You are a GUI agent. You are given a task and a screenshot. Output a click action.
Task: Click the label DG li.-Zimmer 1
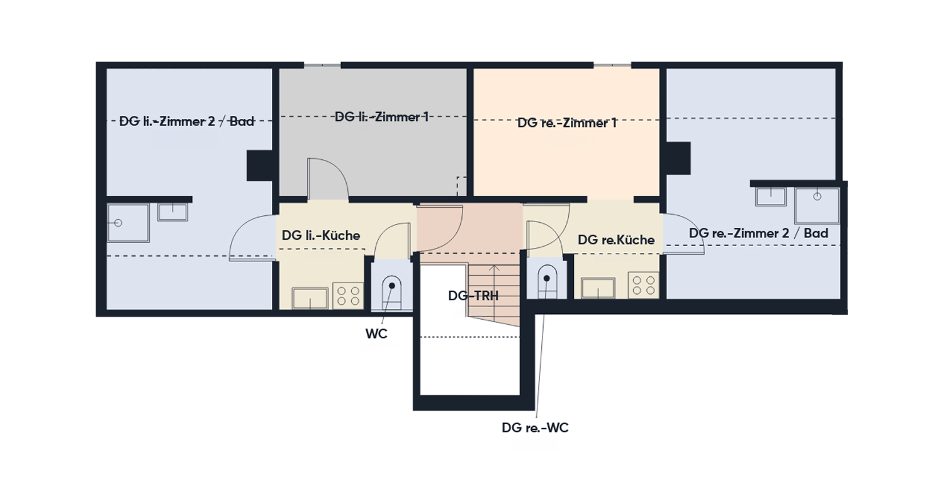tap(382, 116)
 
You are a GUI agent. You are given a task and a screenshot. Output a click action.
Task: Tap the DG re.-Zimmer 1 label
tap(567, 123)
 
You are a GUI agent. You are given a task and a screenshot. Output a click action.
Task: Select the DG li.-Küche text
tap(321, 235)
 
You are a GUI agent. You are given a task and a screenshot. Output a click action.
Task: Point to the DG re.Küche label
tap(616, 240)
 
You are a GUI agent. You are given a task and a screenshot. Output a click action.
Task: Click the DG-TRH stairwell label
tap(473, 296)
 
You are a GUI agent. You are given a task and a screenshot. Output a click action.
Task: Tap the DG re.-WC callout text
tap(535, 428)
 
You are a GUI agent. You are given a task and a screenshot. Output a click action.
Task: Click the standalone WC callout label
tap(376, 334)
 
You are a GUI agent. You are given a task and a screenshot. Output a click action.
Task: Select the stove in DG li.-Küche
tap(348, 295)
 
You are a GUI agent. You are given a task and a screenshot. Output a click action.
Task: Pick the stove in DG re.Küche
tap(644, 285)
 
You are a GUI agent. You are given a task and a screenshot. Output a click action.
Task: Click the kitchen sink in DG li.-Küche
tap(310, 298)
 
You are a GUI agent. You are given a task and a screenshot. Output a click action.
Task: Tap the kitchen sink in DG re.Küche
tap(598, 288)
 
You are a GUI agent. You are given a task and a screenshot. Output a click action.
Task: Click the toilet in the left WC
tap(391, 293)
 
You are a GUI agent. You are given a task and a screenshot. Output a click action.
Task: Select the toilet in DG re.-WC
tap(547, 283)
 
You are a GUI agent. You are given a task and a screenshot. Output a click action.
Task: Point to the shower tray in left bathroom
tap(128, 223)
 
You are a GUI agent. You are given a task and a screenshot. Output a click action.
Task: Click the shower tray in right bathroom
tap(817, 206)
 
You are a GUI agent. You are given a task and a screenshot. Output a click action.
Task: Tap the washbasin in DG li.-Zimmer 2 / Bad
tap(173, 212)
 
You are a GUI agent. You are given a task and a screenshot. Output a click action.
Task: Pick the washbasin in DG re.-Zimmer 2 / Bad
tap(771, 197)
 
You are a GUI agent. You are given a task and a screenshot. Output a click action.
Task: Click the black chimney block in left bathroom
tap(260, 166)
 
